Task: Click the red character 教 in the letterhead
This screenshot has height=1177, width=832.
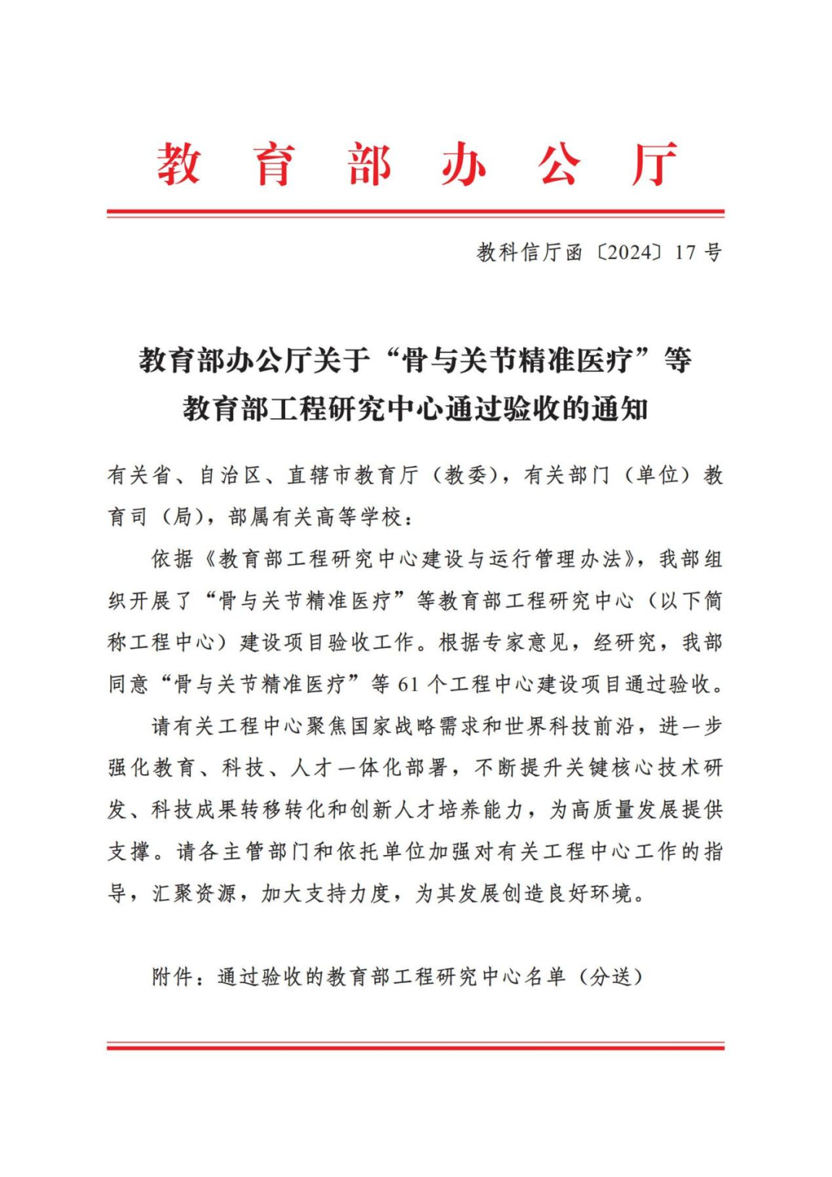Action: [x=179, y=163]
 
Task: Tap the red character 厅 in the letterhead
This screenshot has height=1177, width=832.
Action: [x=654, y=163]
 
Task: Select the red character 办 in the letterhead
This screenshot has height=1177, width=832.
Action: [x=464, y=163]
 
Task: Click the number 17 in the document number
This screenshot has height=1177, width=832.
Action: [x=685, y=253]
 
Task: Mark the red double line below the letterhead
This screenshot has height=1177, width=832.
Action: [x=415, y=213]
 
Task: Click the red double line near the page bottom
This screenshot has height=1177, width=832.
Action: [x=415, y=1046]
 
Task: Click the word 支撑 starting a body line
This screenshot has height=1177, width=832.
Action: [x=129, y=851]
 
